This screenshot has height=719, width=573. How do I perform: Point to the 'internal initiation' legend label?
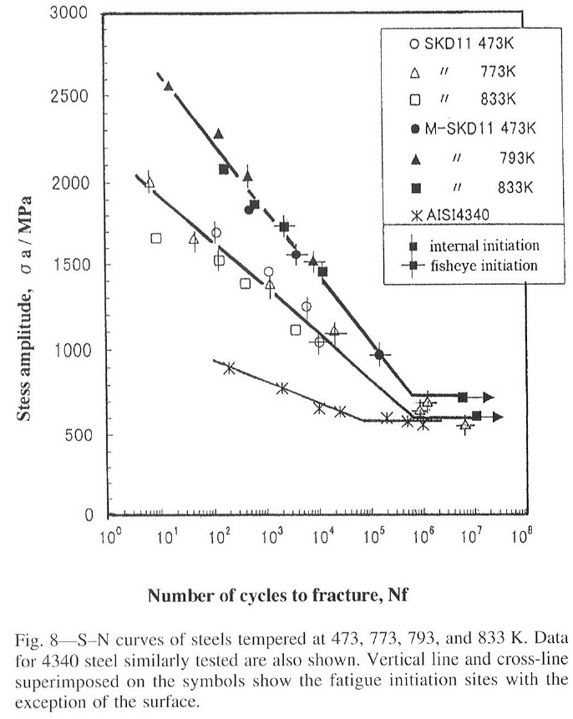484,246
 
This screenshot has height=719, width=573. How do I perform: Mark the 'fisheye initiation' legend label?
484,266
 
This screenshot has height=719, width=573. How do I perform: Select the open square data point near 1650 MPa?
156,239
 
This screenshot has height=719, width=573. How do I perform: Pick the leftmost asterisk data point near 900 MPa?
229,367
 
